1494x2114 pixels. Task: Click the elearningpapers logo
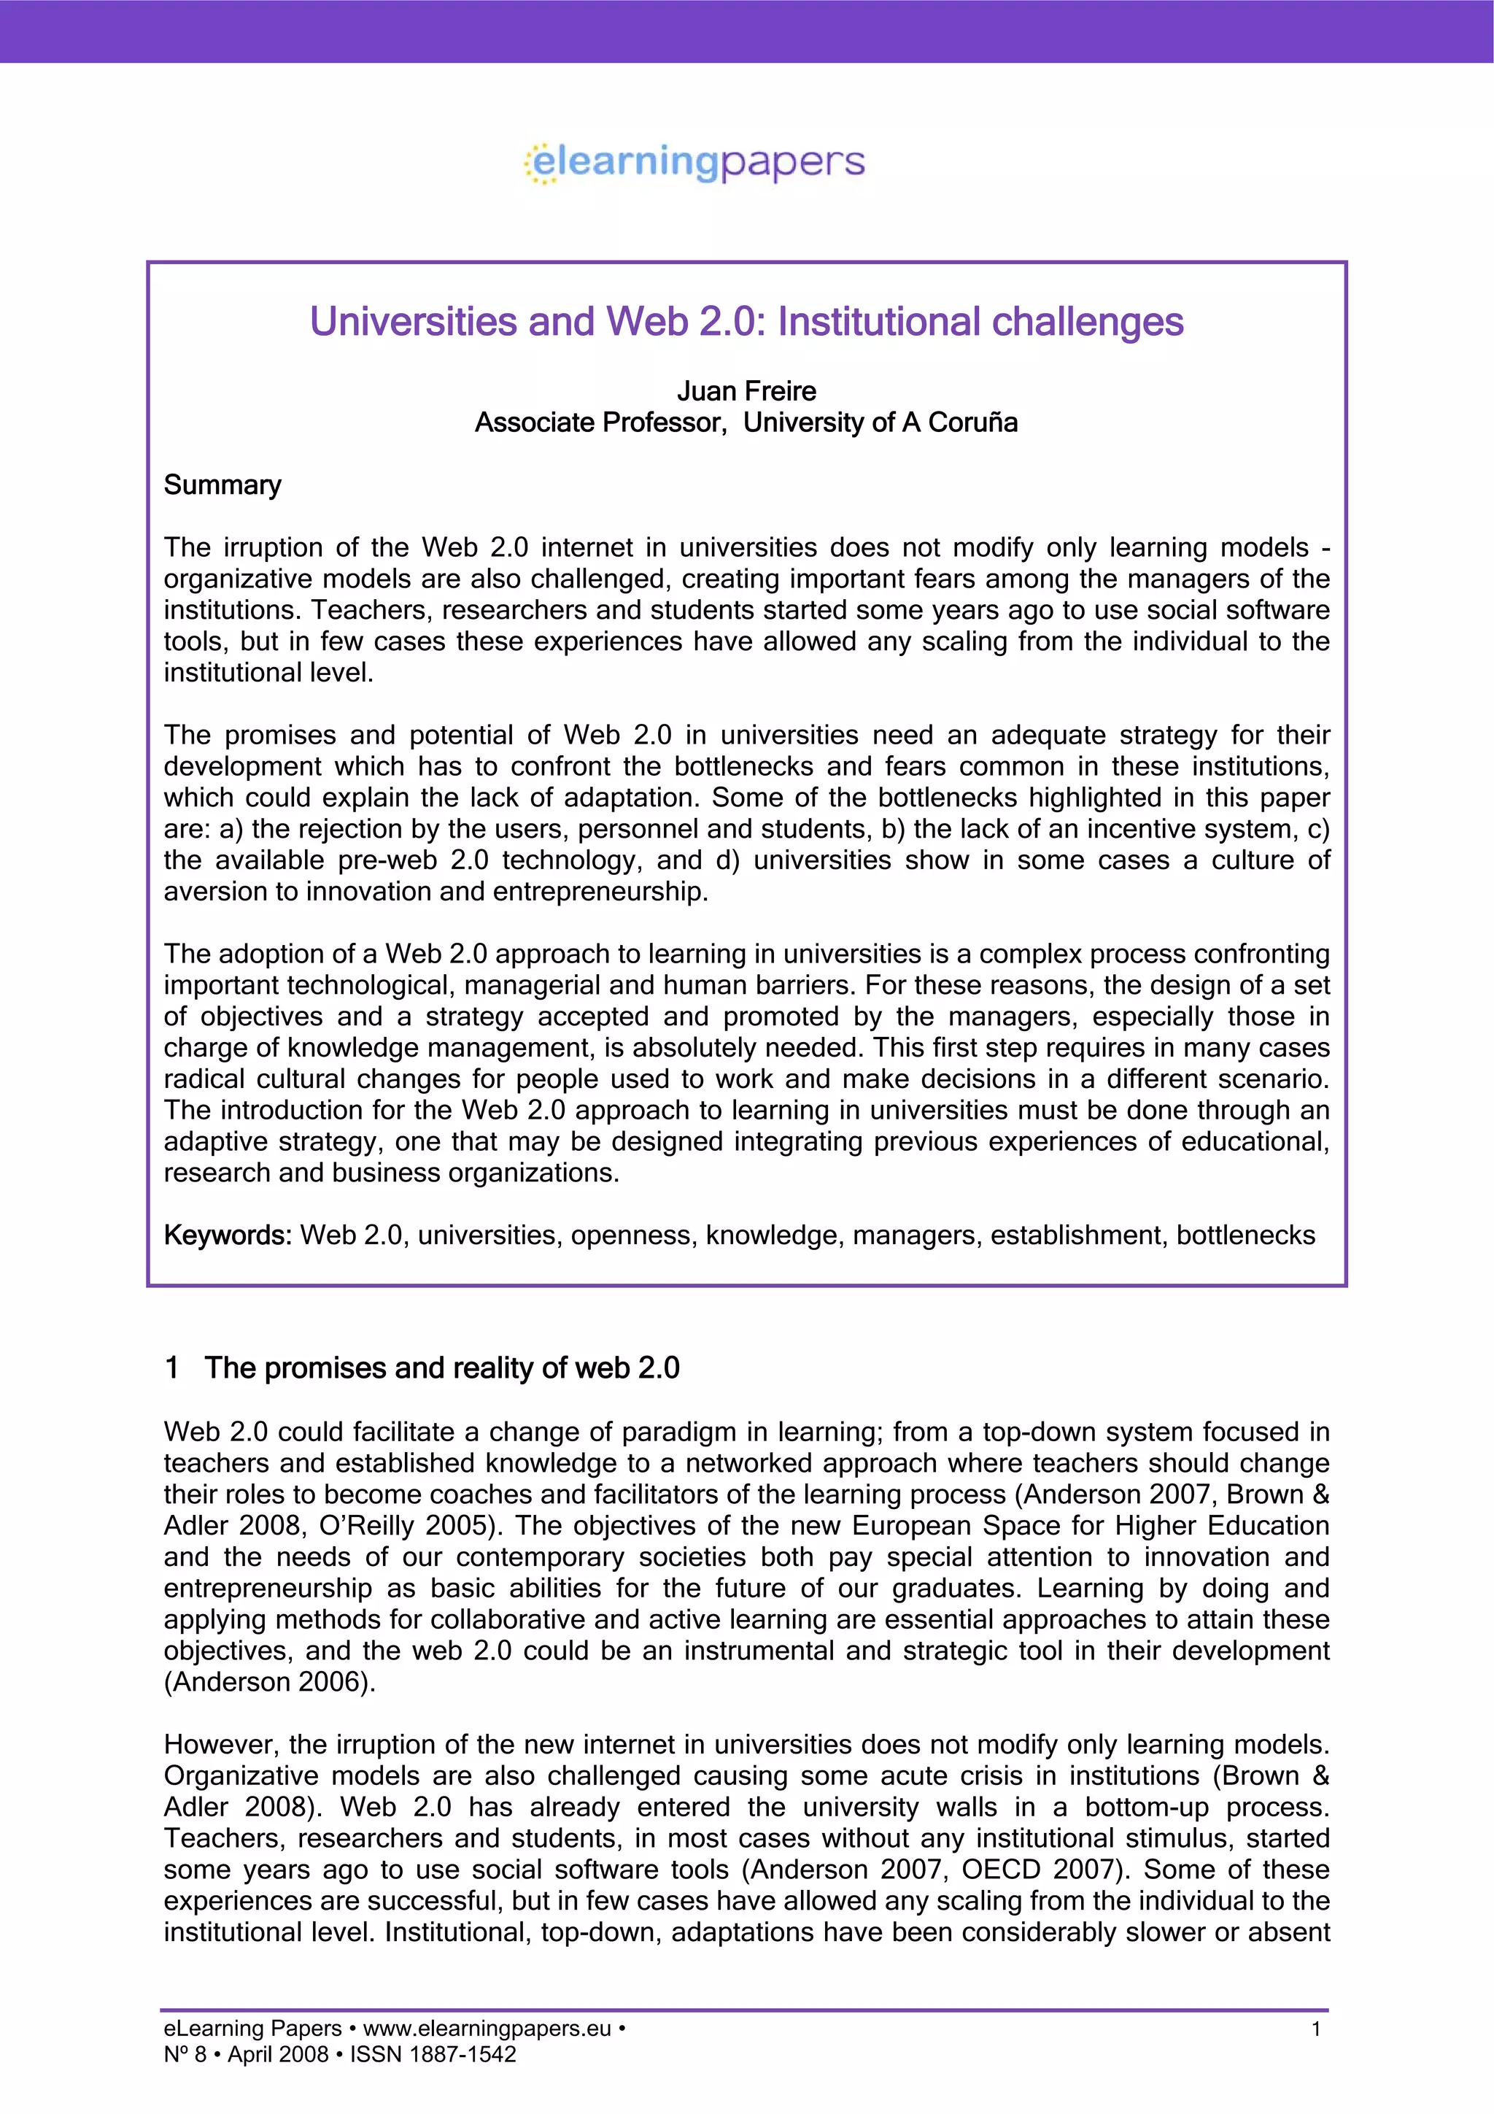click(x=695, y=163)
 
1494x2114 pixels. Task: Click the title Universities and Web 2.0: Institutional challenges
click(x=746, y=321)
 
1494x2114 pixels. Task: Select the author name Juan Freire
click(x=746, y=391)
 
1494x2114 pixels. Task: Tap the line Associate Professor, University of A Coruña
click(x=746, y=423)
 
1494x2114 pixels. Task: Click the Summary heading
click(x=222, y=485)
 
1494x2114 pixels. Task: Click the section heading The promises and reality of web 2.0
click(x=442, y=1368)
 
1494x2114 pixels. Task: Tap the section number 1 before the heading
click(x=171, y=1368)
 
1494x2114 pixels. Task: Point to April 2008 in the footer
click(x=278, y=2054)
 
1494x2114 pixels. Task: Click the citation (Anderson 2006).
click(x=270, y=1682)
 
